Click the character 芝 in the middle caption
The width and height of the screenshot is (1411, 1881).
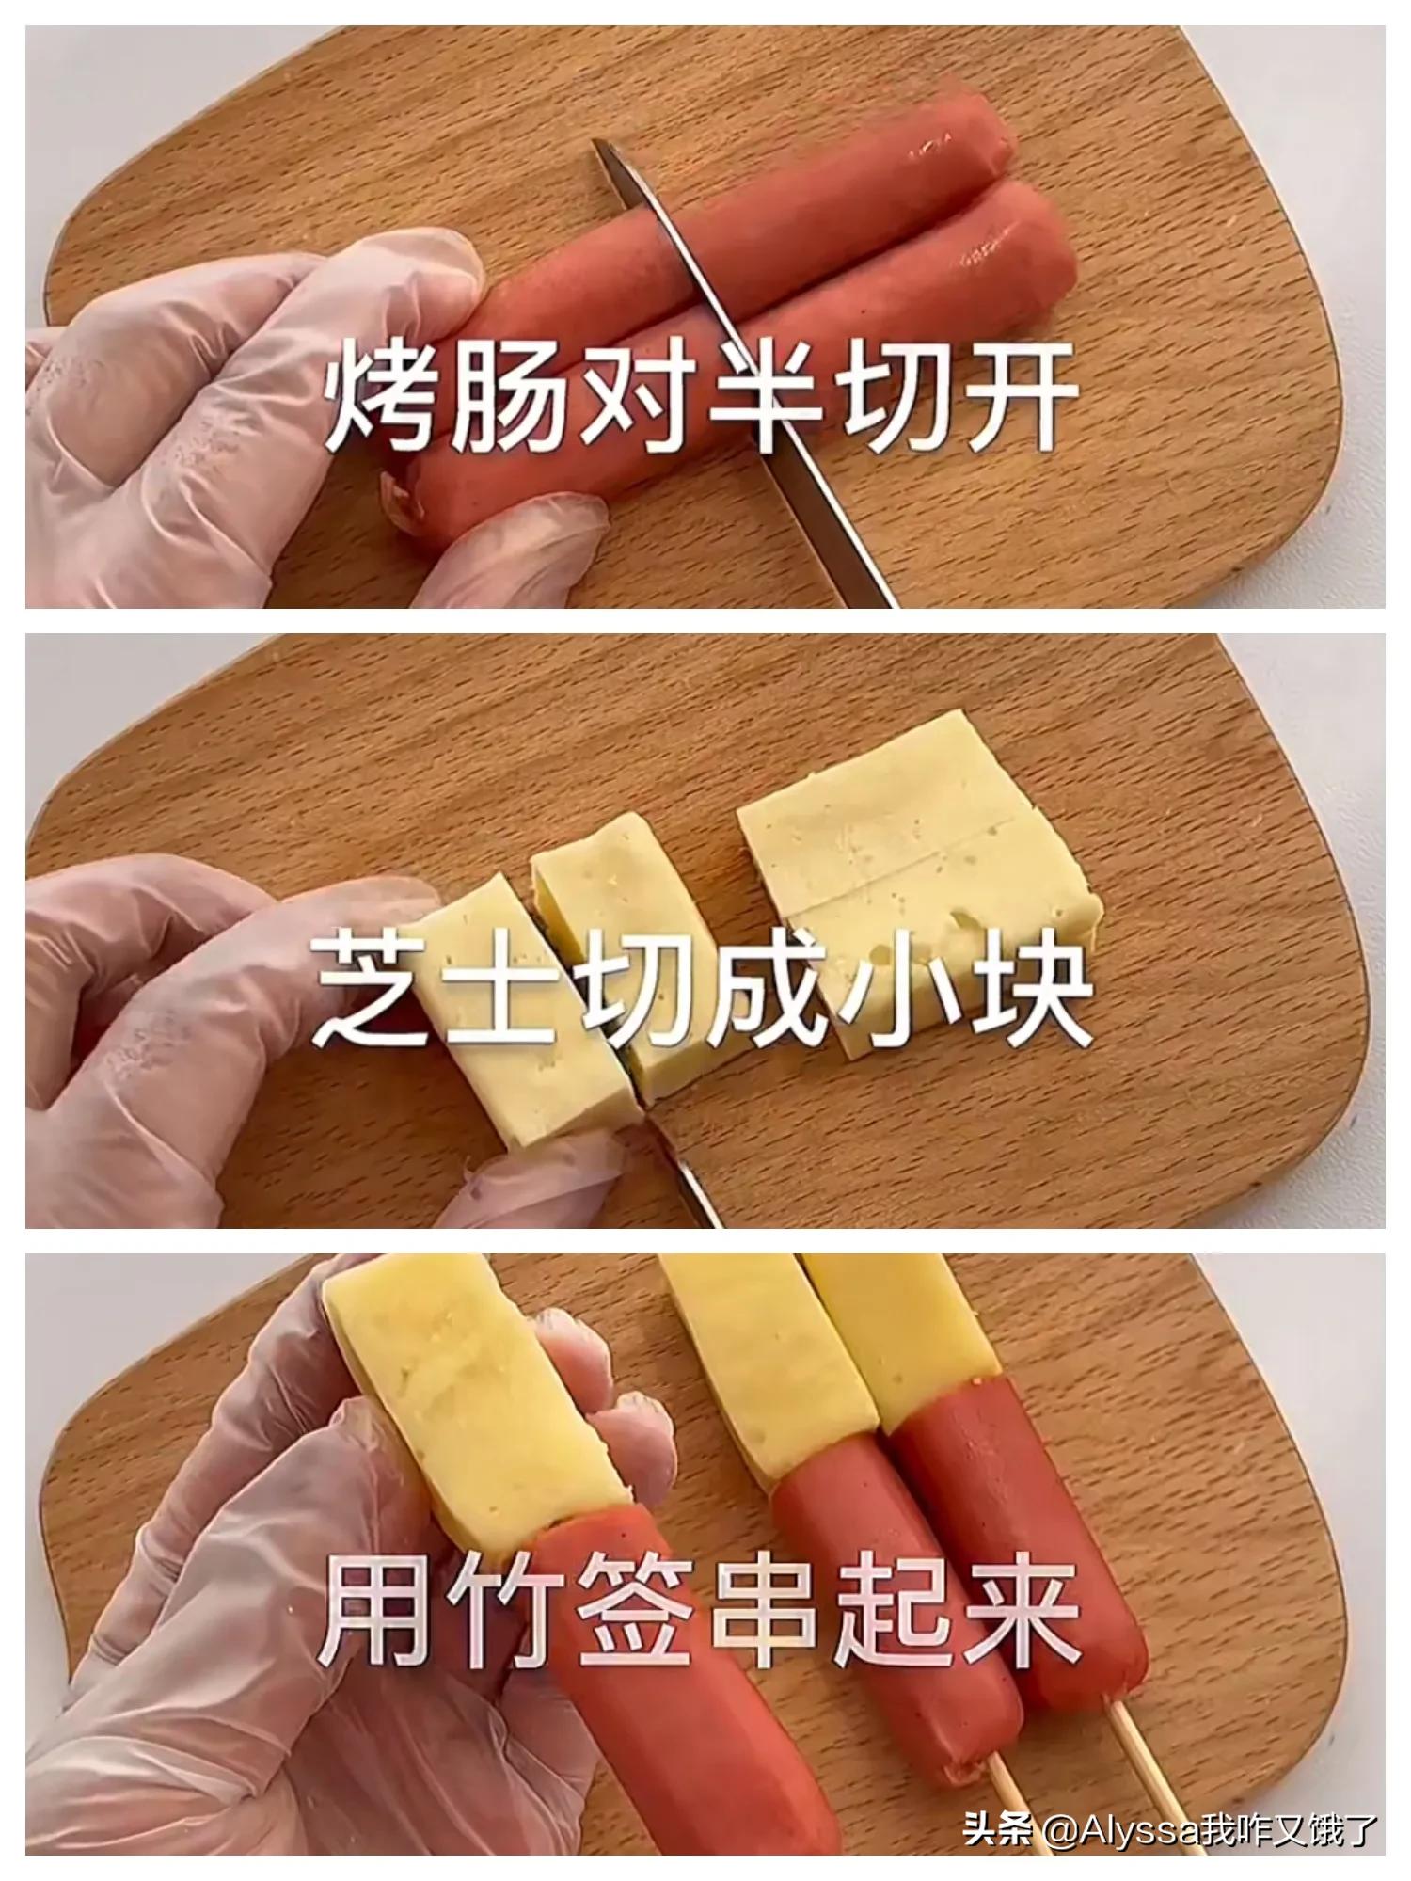click(x=372, y=993)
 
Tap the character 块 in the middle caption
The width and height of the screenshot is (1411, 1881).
click(x=1026, y=993)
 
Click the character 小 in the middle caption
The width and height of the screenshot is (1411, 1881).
click(x=894, y=993)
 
